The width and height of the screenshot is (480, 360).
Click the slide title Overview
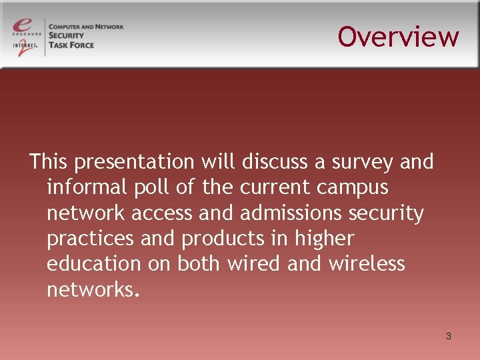pyautogui.click(x=398, y=37)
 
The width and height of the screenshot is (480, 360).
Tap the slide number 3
pyautogui.click(x=449, y=336)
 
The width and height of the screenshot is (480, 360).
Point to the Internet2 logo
pyautogui.click(x=26, y=47)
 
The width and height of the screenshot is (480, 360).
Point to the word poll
pyautogui.click(x=151, y=187)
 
